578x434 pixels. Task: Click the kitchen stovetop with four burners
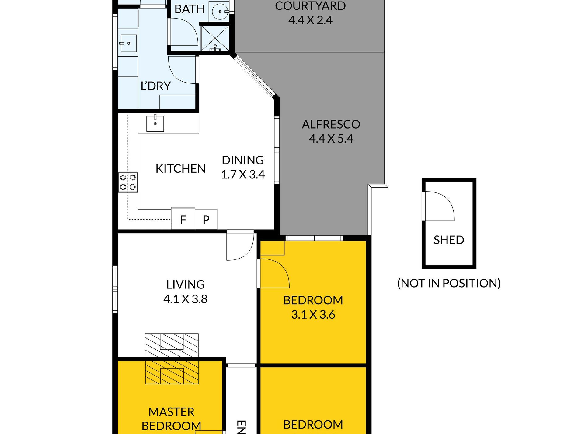tap(128, 182)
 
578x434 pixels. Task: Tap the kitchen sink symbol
tap(155, 123)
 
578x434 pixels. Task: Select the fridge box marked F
tap(183, 219)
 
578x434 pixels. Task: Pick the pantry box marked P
tap(206, 219)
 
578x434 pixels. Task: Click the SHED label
tap(449, 240)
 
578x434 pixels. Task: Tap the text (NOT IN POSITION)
tap(449, 283)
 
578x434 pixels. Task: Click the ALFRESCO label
tap(331, 124)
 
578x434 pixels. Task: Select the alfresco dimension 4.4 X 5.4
tap(331, 139)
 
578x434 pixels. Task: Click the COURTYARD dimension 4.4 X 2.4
tap(310, 20)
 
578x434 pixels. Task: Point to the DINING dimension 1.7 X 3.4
tap(243, 175)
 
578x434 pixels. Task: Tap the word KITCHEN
tap(180, 169)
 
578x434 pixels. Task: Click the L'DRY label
tap(156, 86)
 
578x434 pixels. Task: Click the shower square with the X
tap(215, 38)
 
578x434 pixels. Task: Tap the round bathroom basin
tap(220, 12)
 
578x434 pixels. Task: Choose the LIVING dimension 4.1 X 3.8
tap(185, 299)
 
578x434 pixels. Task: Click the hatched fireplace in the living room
tap(172, 359)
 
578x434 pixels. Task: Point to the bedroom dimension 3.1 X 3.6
tap(313, 315)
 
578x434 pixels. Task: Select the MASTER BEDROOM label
tap(172, 419)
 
